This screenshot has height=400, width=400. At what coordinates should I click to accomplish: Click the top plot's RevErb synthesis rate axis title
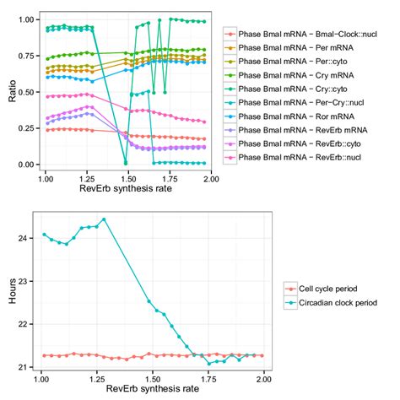126,191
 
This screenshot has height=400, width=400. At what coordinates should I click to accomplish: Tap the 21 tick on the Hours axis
31,365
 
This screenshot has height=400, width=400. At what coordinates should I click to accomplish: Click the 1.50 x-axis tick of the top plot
126,178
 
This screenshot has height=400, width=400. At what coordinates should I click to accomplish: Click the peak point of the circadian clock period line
104,219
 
